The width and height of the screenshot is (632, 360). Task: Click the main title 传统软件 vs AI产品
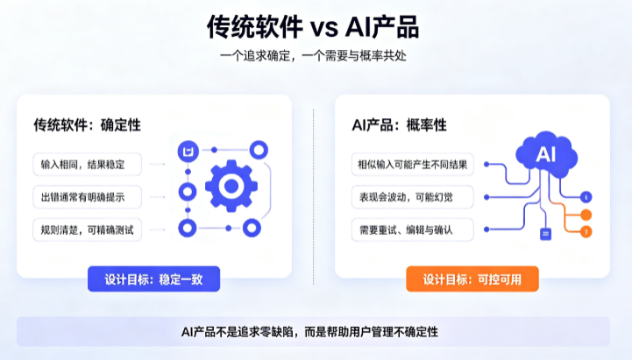pos(313,27)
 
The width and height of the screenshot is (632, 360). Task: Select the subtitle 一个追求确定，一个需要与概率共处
pos(313,55)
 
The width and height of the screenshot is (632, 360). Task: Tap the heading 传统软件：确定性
pos(87,125)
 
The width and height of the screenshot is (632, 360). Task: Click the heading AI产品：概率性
pos(399,125)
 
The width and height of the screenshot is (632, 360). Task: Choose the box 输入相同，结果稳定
pos(87,165)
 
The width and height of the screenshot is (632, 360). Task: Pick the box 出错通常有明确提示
pos(87,197)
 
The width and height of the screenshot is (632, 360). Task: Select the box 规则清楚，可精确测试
pos(87,230)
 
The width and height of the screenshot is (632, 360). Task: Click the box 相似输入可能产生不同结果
pos(412,165)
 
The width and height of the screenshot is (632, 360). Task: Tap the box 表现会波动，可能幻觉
pos(412,197)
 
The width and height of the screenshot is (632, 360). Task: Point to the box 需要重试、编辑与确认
pos(412,230)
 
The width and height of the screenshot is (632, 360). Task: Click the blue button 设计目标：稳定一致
pos(153,279)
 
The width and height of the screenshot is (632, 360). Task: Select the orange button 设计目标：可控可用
pos(472,279)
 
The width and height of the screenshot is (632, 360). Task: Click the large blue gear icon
pos(231,186)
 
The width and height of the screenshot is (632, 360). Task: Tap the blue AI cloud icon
pos(546,154)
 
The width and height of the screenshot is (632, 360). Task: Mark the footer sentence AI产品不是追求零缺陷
pos(237,332)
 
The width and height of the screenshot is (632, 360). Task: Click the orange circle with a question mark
pos(586,231)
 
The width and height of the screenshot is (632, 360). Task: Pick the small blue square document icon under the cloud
pos(545,234)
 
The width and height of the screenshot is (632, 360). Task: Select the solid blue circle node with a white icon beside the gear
pos(188,152)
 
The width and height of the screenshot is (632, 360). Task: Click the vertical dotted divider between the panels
pos(313,196)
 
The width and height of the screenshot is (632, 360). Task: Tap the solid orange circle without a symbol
pos(586,215)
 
